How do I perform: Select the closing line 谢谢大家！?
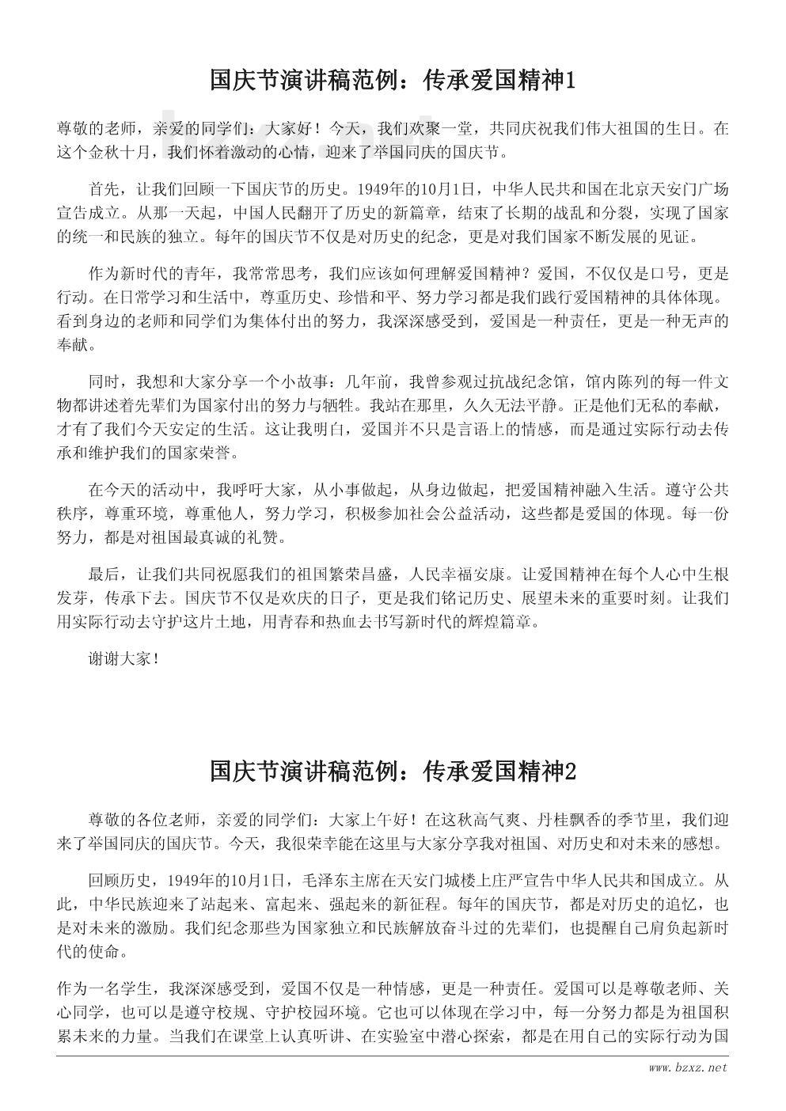tap(125, 658)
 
